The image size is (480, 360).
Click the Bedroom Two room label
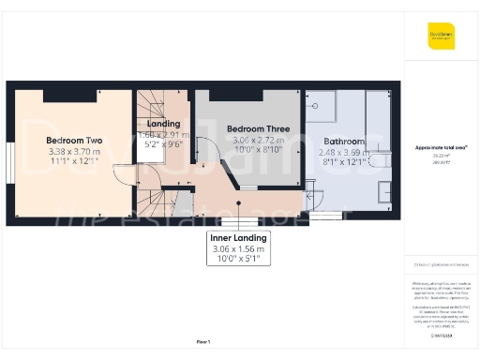tap(74, 141)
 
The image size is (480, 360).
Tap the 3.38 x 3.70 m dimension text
tap(74, 152)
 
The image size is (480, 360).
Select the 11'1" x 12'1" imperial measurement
tap(74, 162)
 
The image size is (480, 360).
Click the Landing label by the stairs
tap(164, 124)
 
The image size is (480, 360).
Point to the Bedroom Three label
tap(258, 128)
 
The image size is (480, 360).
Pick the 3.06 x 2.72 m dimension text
tap(258, 140)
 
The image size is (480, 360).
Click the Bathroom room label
tap(343, 142)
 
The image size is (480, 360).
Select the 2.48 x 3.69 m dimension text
tap(343, 152)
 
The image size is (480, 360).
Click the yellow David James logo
tap(441, 36)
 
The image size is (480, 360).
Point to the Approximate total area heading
tap(441, 148)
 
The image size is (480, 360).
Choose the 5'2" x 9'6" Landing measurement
tap(164, 145)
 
